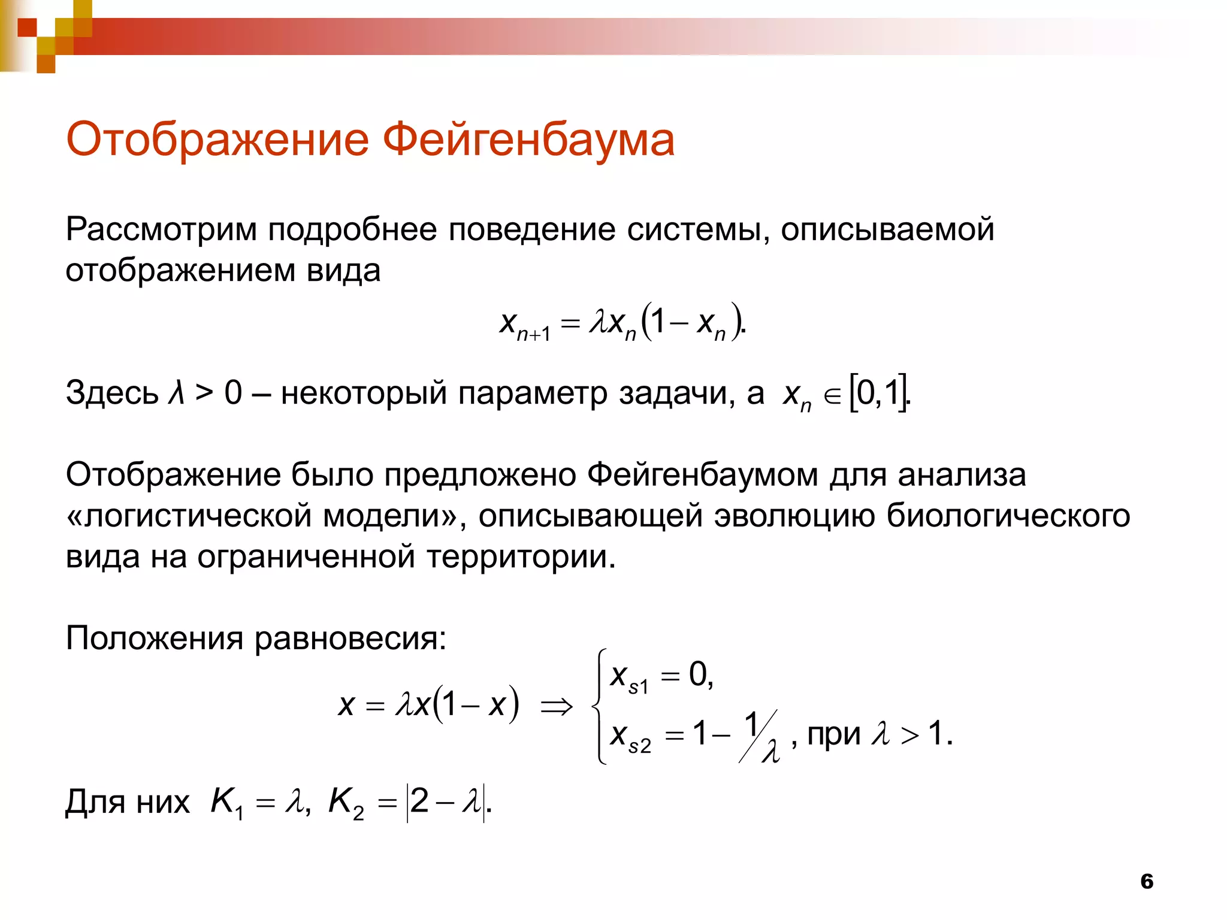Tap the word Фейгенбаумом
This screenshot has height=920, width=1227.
point(702,475)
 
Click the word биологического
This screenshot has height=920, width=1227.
point(1008,516)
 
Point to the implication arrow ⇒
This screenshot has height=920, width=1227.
point(557,707)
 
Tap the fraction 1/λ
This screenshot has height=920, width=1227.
point(760,736)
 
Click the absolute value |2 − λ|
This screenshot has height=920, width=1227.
point(445,803)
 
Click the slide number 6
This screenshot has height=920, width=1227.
point(1147,881)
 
